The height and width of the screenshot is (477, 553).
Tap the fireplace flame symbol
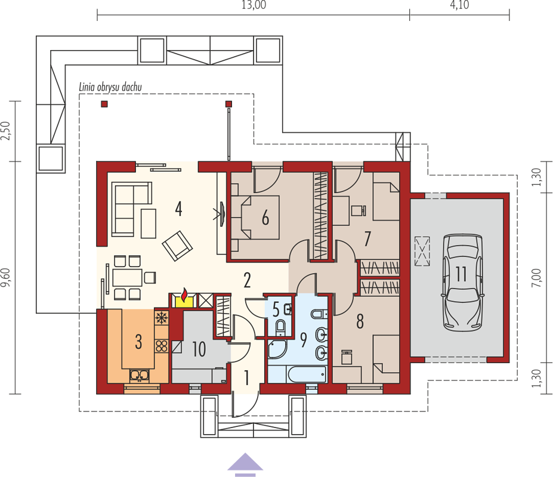tap(184, 295)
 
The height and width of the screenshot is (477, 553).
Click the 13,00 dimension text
tap(254, 5)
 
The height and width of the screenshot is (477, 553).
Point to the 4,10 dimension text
tap(459, 5)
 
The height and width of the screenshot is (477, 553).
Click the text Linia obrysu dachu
tap(110, 87)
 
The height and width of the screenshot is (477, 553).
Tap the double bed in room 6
tap(255, 218)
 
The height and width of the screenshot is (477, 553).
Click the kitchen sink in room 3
tap(140, 376)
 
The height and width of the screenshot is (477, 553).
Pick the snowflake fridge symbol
tap(162, 318)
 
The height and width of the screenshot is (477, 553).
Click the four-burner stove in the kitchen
tap(162, 346)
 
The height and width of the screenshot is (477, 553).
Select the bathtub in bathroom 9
tap(307, 374)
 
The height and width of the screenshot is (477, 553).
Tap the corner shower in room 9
tap(277, 349)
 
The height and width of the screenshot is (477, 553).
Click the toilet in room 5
tap(280, 327)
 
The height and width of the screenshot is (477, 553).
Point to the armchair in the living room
tap(177, 246)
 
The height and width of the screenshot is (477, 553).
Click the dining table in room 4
tap(127, 277)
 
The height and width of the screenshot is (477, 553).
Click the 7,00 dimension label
tap(536, 277)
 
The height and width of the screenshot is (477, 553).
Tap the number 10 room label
tap(199, 349)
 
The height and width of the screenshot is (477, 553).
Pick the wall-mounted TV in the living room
tap(222, 213)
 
